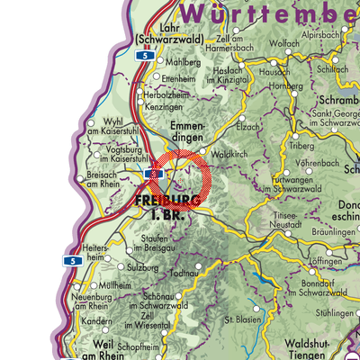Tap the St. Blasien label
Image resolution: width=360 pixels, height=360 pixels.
240,319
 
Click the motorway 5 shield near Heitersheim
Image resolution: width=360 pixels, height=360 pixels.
67,260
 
